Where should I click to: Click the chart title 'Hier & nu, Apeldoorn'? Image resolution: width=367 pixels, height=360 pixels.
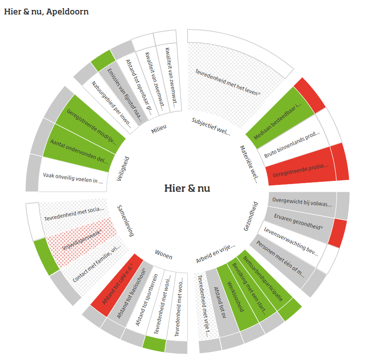[46, 12]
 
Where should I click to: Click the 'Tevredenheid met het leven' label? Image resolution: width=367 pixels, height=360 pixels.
[228, 82]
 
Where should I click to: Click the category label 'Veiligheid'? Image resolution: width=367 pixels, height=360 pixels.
[121, 169]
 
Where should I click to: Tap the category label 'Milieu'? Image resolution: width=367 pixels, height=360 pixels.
[159, 128]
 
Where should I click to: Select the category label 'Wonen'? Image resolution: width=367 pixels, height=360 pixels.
[163, 256]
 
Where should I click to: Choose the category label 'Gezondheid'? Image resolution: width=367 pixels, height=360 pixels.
[250, 216]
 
